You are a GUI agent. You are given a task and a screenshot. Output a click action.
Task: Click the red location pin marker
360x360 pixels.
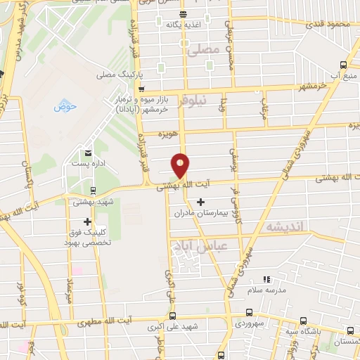[181, 165]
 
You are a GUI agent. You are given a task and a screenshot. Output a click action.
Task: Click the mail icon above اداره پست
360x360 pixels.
[88, 153]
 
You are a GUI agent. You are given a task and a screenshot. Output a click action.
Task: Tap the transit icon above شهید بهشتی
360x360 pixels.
[93, 190]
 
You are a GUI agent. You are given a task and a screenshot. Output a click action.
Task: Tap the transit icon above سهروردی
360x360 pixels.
[249, 313]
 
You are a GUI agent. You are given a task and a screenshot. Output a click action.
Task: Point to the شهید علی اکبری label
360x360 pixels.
[173, 327]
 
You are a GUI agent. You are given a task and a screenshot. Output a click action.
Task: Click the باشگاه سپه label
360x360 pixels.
[300, 330]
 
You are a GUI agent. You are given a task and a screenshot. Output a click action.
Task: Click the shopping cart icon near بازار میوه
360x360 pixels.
[142, 89]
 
